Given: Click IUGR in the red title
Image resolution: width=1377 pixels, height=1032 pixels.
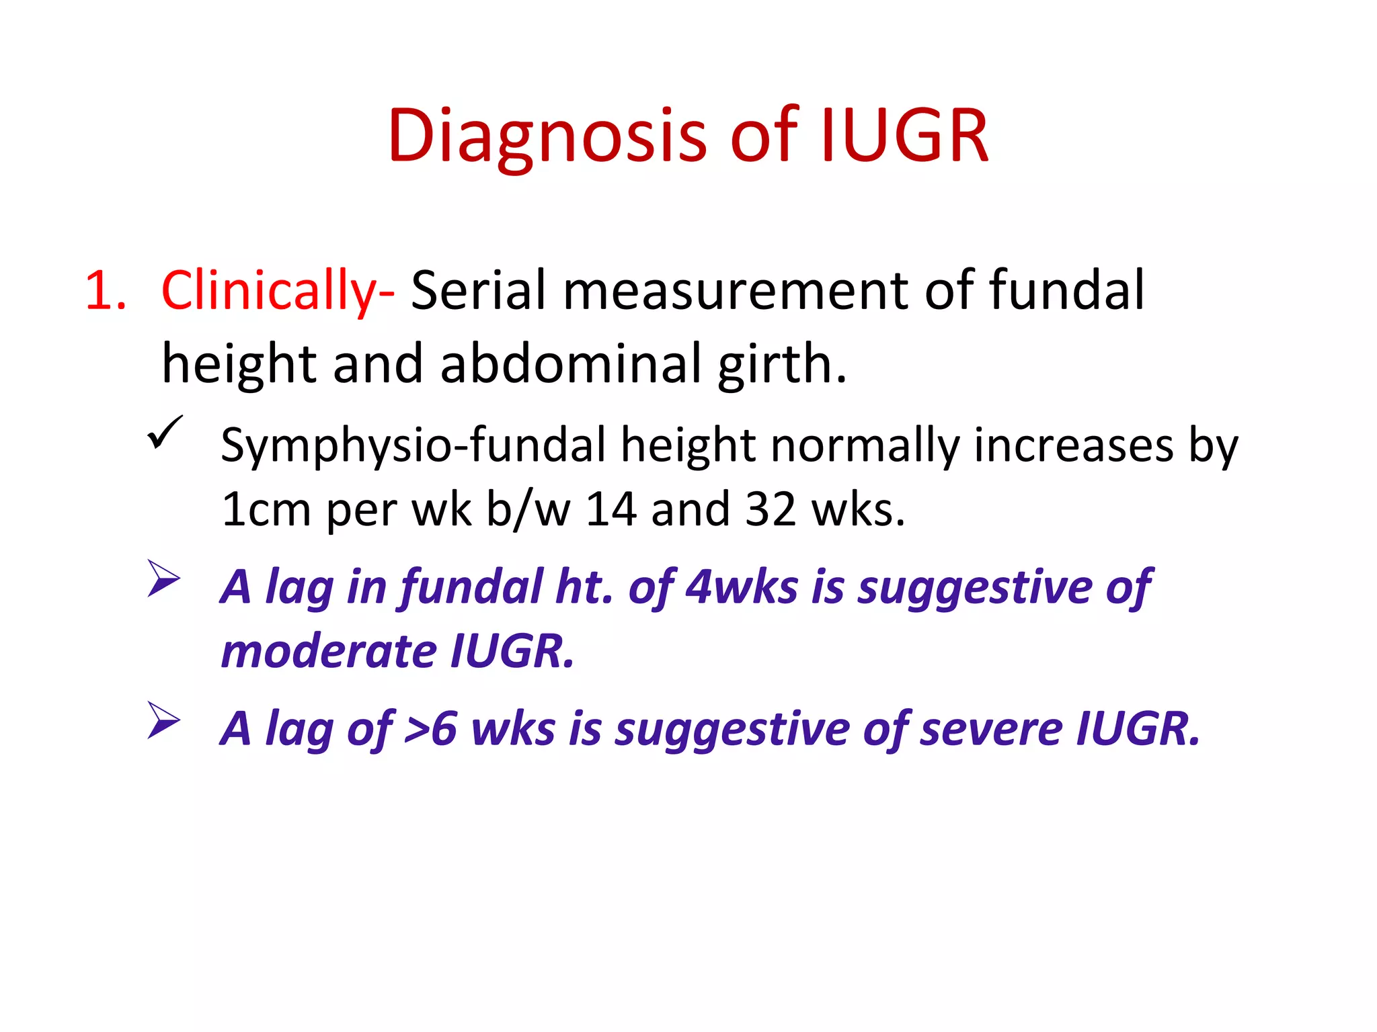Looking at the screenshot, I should pyautogui.click(x=904, y=136).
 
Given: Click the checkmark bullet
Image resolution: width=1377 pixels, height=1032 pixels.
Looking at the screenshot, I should pyautogui.click(x=165, y=432).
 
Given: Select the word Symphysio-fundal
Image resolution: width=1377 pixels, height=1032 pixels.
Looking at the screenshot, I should pyautogui.click(x=413, y=446).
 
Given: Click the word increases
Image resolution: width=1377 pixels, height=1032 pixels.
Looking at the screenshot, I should pyautogui.click(x=1073, y=445).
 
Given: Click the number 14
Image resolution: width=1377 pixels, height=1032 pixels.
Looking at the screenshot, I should pyautogui.click(x=611, y=509).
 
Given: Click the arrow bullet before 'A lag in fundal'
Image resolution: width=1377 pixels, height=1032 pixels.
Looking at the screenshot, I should pyautogui.click(x=164, y=578).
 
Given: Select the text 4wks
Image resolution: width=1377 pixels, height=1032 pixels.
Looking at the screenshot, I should pyautogui.click(x=742, y=587).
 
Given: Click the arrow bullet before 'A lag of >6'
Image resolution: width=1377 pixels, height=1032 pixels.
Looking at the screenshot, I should pyautogui.click(x=164, y=720).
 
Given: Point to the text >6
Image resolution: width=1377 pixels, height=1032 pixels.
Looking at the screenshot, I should pyautogui.click(x=430, y=729).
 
